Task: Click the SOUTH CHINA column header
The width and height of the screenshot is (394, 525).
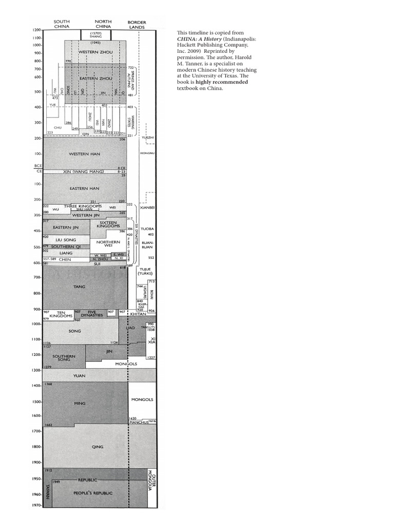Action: coord(62,24)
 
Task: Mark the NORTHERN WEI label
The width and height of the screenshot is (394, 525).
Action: coord(108,244)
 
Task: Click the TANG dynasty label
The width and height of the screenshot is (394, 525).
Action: coord(79,287)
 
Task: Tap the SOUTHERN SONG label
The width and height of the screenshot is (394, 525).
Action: coord(64,358)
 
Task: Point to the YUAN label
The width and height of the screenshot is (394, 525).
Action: coord(79,376)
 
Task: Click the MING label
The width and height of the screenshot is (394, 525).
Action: coord(80,403)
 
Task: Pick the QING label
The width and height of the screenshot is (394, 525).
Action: coord(97,447)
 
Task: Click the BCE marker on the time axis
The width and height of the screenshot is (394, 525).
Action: coord(37,166)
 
